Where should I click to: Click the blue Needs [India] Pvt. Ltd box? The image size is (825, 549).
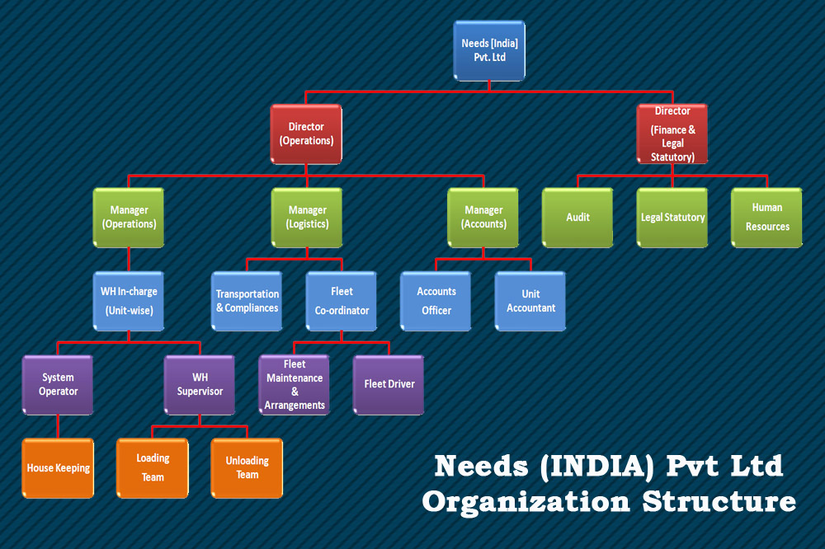pyautogui.click(x=489, y=50)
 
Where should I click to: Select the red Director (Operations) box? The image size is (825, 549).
pyautogui.click(x=306, y=134)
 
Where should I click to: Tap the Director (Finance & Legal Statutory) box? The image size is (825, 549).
pyautogui.click(x=672, y=134)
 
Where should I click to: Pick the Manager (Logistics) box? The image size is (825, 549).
pyautogui.click(x=307, y=217)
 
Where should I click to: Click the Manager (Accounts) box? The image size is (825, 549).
pyautogui.click(x=483, y=217)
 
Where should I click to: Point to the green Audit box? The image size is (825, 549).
pyautogui.click(x=577, y=218)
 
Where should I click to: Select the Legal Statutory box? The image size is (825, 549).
pyautogui.click(x=672, y=218)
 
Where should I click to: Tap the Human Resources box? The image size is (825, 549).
pyautogui.click(x=766, y=217)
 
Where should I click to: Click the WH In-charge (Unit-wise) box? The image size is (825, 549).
pyautogui.click(x=129, y=301)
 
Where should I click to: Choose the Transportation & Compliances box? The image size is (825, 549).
pyautogui.click(x=247, y=301)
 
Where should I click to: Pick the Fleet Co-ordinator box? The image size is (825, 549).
pyautogui.click(x=342, y=301)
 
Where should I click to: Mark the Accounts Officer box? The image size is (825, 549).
pyautogui.click(x=436, y=301)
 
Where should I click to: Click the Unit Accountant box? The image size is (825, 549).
pyautogui.click(x=530, y=301)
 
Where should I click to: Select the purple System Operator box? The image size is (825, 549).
pyautogui.click(x=58, y=384)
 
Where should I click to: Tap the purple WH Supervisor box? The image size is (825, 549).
pyautogui.click(x=200, y=384)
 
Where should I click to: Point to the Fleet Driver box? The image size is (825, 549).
pyautogui.click(x=389, y=384)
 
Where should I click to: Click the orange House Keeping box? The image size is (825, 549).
pyautogui.click(x=58, y=468)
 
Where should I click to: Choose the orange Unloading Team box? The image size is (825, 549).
pyautogui.click(x=247, y=468)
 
